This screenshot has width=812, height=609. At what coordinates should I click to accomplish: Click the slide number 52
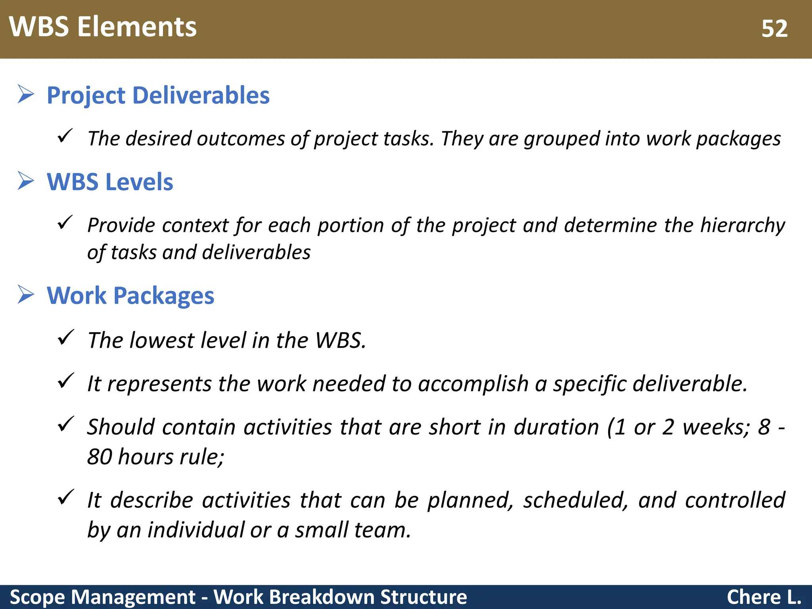774,29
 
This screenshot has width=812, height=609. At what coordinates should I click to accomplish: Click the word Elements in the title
137,27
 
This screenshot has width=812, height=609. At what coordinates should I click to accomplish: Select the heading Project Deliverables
158,96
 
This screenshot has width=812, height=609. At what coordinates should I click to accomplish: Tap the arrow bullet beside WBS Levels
26,181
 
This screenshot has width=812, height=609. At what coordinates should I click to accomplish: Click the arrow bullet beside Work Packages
26,295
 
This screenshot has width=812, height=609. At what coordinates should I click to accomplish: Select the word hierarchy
742,225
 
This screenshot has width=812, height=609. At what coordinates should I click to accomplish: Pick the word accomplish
473,384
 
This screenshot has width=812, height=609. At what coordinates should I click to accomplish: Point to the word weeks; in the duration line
716,427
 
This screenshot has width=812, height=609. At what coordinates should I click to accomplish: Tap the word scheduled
575,500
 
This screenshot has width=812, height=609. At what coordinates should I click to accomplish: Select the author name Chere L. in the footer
764,597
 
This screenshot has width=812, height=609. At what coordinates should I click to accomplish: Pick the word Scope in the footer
37,597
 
